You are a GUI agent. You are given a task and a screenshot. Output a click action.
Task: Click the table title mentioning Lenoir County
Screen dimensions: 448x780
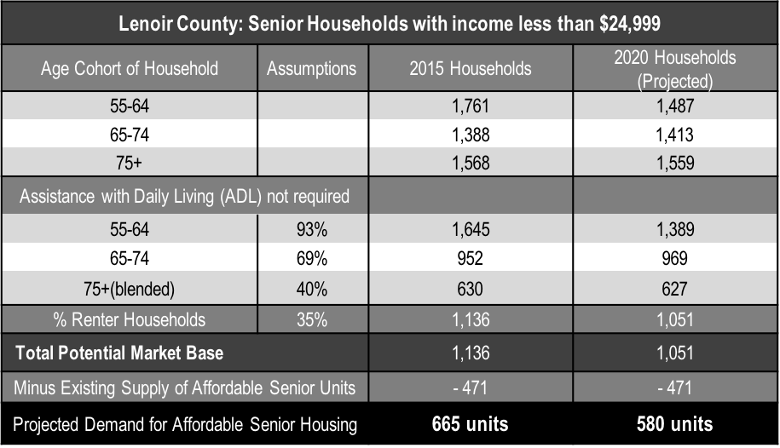pyautogui.click(x=390, y=22)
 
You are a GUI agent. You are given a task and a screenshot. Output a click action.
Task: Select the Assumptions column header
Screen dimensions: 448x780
pyautogui.click(x=312, y=68)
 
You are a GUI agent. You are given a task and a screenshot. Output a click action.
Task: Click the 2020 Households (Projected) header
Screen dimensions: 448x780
pyautogui.click(x=674, y=68)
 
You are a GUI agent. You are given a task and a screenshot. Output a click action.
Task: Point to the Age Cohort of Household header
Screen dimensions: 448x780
pyautogui.click(x=130, y=68)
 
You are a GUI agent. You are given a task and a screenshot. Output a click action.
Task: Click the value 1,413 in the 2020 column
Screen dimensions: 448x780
pyautogui.click(x=674, y=134)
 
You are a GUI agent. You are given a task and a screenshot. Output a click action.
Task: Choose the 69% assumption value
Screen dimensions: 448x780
pyautogui.click(x=312, y=259)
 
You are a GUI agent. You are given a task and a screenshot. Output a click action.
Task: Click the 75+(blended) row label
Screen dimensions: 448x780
pyautogui.click(x=130, y=288)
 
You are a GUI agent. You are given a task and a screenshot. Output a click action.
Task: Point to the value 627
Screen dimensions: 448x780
pyautogui.click(x=674, y=288)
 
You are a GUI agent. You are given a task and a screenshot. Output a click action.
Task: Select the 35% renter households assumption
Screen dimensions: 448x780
pyautogui.click(x=312, y=320)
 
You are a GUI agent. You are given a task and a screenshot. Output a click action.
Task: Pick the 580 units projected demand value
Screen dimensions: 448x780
pyautogui.click(x=674, y=423)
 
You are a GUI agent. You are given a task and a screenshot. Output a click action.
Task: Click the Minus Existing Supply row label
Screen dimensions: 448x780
pyautogui.click(x=184, y=388)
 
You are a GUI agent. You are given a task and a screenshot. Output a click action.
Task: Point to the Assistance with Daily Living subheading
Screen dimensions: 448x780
pyautogui.click(x=184, y=196)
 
